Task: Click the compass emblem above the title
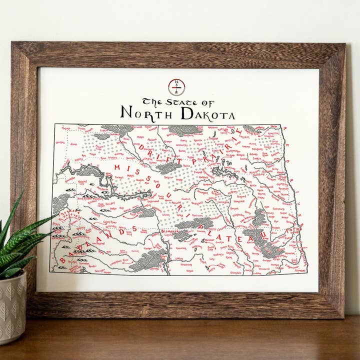coord(176,86)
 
